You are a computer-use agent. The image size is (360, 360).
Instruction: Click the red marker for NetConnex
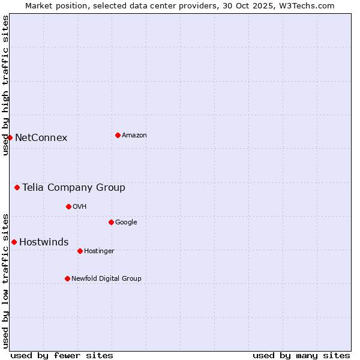click(x=10, y=137)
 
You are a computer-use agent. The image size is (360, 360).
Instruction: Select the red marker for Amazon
click(x=118, y=135)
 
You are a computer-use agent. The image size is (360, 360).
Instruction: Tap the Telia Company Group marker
click(x=17, y=187)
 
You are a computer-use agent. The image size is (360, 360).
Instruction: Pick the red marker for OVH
click(x=68, y=206)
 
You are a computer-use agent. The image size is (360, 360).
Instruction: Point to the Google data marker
click(x=111, y=222)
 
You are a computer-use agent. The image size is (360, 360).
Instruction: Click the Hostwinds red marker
click(x=14, y=242)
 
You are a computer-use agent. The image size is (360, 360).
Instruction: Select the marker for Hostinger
click(x=80, y=251)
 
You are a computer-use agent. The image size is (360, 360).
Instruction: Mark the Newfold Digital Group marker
click(x=67, y=278)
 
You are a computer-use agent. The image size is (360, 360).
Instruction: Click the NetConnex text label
click(x=41, y=138)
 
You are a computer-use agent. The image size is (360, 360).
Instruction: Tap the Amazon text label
click(x=134, y=136)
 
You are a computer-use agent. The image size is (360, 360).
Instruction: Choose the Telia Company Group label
click(x=74, y=188)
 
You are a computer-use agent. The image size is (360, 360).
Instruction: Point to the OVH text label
click(x=80, y=207)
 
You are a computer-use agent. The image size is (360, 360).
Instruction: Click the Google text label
click(x=126, y=223)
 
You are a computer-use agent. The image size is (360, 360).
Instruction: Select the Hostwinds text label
click(x=44, y=242)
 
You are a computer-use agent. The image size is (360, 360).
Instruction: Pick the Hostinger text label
click(x=99, y=251)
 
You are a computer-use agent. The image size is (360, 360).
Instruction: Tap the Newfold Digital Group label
click(x=106, y=279)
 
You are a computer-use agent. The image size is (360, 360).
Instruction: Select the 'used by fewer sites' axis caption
click(x=62, y=355)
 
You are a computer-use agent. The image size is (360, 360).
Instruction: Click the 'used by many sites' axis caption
click(x=301, y=355)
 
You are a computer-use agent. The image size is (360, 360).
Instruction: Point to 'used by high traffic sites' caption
click(x=6, y=85)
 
